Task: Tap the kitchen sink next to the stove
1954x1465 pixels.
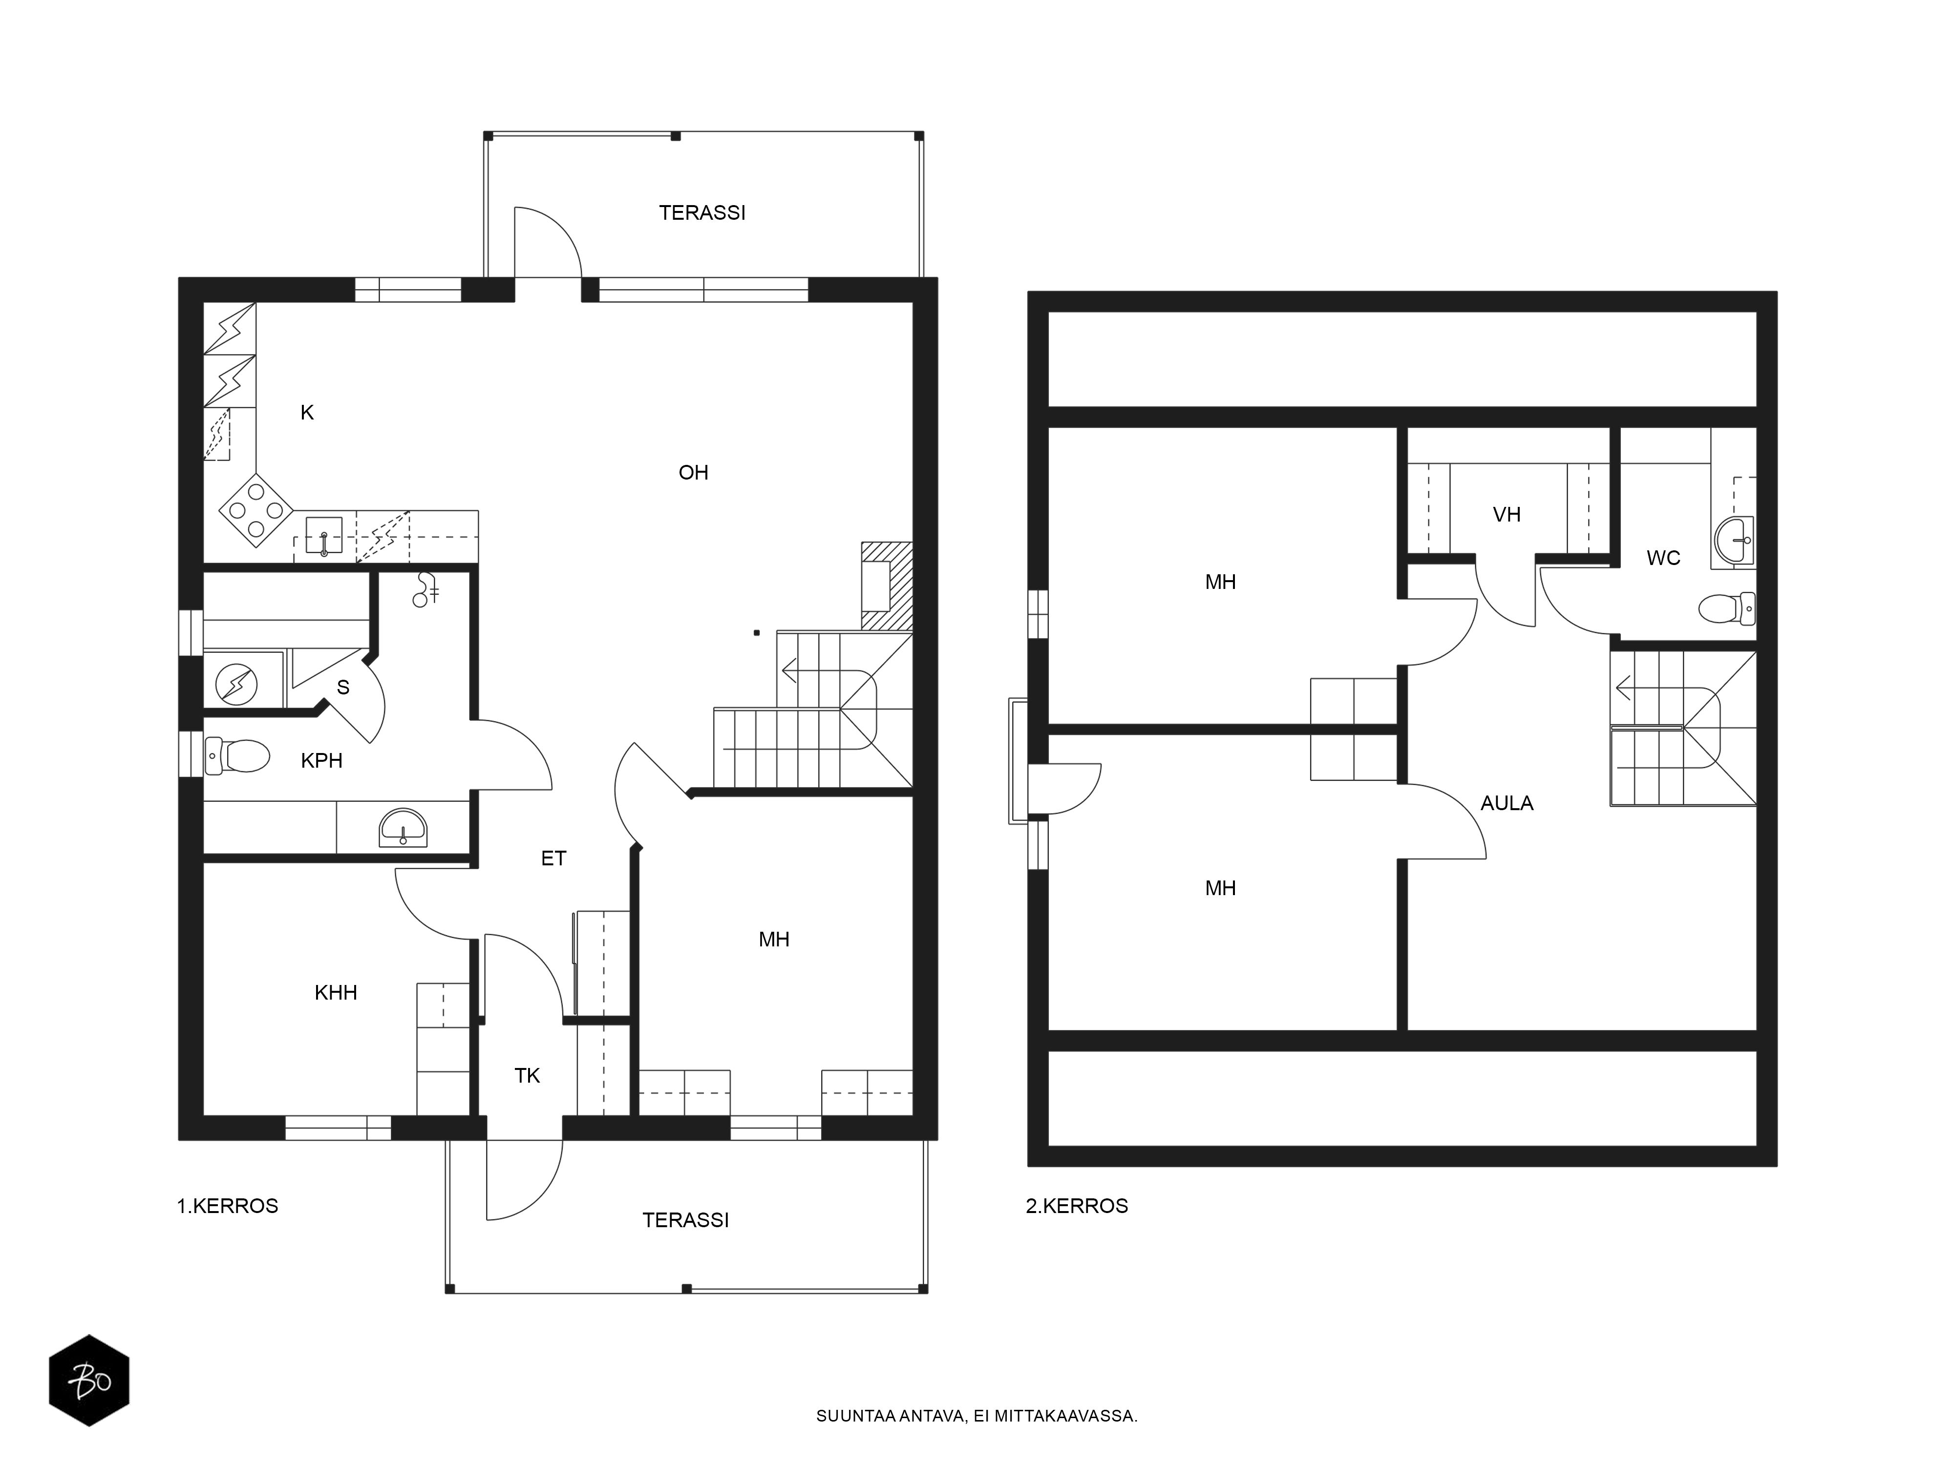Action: [324, 536]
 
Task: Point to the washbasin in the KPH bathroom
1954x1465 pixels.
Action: [403, 827]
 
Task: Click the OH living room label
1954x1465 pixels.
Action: [694, 472]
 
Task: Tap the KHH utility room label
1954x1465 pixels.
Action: [336, 993]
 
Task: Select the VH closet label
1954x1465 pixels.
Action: [1507, 514]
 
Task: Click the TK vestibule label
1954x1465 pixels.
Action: [528, 1076]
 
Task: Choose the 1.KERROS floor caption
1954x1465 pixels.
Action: [228, 1206]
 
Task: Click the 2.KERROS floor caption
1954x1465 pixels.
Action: [1077, 1206]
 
